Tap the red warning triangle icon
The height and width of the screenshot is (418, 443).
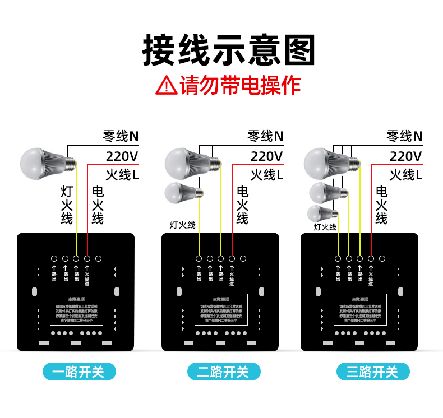166,86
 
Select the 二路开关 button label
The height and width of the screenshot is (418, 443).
223,371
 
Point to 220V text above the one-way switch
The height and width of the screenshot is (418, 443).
122,156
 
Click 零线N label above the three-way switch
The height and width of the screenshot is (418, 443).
404,136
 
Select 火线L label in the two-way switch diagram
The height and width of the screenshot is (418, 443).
266,175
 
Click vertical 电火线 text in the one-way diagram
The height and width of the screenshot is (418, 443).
98,205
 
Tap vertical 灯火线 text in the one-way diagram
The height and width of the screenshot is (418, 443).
67,205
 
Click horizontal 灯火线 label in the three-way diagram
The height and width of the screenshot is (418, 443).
325,227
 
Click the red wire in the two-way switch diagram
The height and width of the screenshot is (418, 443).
232,213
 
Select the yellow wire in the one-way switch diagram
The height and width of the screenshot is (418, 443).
76,213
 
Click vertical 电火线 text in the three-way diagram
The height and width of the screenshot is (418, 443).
381,205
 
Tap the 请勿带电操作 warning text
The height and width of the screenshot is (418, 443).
240,85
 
